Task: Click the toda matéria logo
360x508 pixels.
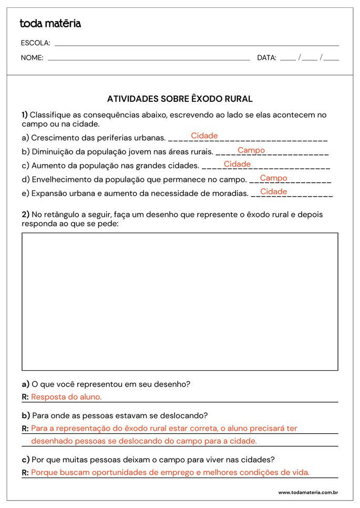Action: click(x=50, y=24)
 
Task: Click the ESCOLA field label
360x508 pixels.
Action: click(x=35, y=43)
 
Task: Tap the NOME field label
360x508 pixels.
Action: click(x=32, y=58)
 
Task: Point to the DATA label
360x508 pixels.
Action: click(x=266, y=58)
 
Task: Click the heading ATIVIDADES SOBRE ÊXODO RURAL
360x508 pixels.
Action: click(x=180, y=99)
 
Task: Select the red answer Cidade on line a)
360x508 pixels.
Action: click(x=204, y=136)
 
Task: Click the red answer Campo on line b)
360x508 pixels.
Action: click(x=251, y=150)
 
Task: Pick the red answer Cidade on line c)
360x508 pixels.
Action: click(x=237, y=164)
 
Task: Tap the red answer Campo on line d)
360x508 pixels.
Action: click(x=273, y=178)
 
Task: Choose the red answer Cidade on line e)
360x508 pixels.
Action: click(x=273, y=192)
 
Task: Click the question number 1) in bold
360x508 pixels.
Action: click(x=25, y=115)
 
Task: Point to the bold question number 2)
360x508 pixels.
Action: click(x=25, y=214)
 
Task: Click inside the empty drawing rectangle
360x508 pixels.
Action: click(x=180, y=302)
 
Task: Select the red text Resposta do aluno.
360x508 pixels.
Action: click(x=66, y=397)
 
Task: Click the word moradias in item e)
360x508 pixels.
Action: click(x=230, y=193)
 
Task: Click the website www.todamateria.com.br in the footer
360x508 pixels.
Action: click(x=308, y=493)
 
